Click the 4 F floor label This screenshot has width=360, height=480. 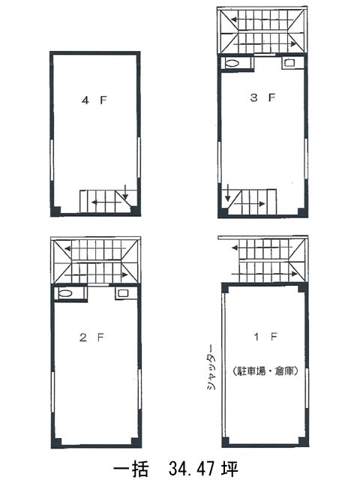pos(94,100)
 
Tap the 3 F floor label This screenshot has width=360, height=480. pos(262,97)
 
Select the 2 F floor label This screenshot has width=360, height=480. pos(91,337)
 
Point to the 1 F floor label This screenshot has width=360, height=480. pos(265,337)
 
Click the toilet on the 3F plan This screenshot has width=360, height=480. pos(232,63)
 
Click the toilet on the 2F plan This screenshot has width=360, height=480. pos(65,293)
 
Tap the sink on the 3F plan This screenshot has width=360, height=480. pos(289,63)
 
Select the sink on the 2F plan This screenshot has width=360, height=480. pos(123,293)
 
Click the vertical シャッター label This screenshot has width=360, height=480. pos(211,367)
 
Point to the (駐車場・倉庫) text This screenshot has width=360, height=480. pos(265,371)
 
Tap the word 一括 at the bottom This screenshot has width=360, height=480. pos(131,468)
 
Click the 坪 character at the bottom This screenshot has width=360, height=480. pos(229,468)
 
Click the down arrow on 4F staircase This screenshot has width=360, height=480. pos(125,192)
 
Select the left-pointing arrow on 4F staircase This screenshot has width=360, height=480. pos(106,202)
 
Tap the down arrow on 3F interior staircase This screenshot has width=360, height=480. pos(227,193)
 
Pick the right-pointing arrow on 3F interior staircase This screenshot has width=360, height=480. pos(250,204)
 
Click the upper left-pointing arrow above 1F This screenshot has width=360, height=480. pos(262,247)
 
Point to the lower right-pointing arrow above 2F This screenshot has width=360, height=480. pos(96,274)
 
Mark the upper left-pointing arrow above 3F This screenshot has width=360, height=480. pos(262,20)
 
